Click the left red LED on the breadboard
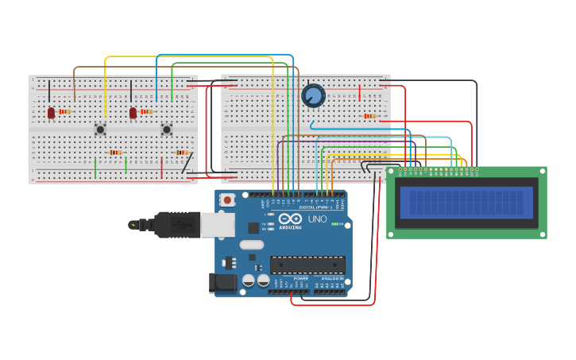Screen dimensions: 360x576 52,113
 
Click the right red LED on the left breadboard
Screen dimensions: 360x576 133,113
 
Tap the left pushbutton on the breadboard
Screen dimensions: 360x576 100,129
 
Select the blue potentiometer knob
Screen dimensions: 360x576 314,96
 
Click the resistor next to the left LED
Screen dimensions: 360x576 65,112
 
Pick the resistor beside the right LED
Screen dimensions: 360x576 146,112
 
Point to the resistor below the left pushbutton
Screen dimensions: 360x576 115,153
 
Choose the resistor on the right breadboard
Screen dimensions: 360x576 369,116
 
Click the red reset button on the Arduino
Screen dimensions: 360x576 227,200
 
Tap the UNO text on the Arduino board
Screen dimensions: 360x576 317,219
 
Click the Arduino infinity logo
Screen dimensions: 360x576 290,219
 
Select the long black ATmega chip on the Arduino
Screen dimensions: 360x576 307,265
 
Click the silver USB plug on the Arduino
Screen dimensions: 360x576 217,225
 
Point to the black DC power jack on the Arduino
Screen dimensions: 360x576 223,282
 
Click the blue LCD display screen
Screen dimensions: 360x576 466,202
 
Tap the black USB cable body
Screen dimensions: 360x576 176,225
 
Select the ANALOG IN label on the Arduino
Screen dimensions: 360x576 331,279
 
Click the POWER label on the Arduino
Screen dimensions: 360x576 301,279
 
